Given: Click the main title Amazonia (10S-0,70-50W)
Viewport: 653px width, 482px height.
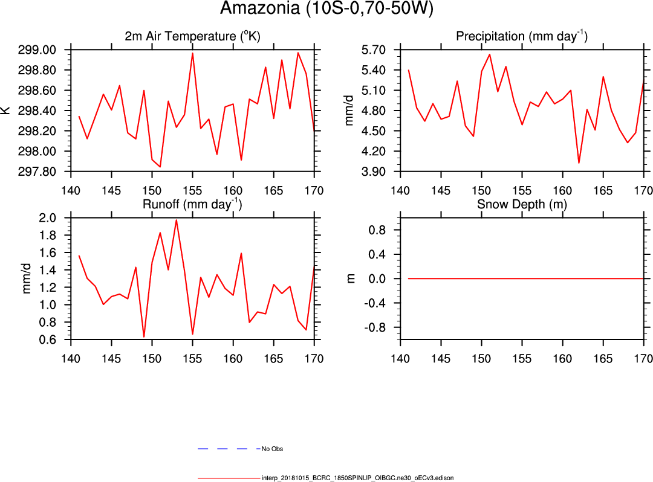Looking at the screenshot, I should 326,9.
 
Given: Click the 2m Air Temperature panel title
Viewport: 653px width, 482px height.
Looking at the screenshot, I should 192,36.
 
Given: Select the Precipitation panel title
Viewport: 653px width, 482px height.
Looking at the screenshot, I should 521,36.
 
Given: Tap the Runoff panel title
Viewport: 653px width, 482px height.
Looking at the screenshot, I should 192,204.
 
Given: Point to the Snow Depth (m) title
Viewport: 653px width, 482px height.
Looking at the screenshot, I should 521,204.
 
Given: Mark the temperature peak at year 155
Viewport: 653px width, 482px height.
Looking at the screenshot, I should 192,53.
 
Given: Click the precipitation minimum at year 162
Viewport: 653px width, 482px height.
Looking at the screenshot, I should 579,163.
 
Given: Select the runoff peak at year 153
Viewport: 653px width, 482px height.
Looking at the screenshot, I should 176,220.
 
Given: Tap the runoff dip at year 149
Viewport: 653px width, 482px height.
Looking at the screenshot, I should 144,336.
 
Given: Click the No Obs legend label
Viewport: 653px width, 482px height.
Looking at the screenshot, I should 272,449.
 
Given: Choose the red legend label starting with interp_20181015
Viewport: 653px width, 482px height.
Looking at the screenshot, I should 357,478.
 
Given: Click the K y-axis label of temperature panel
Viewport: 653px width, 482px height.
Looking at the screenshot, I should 6,111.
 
